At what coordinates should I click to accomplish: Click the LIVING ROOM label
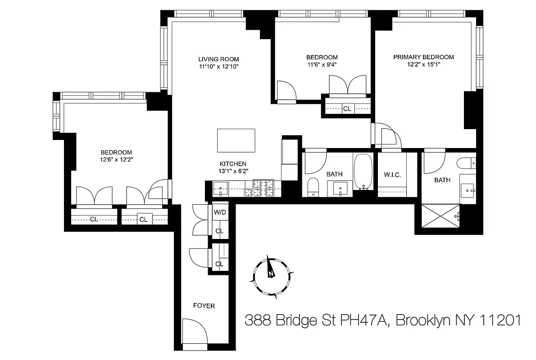point(218,59)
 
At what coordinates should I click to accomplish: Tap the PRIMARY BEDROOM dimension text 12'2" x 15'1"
point(423,64)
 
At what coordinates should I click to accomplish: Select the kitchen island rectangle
point(236,140)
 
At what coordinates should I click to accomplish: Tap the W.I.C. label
point(392,174)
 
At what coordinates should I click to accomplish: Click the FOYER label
point(204,306)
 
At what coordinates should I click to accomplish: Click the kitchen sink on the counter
point(220,188)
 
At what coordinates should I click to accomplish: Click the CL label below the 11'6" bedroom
point(347,108)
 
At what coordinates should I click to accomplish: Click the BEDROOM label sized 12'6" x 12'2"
point(116,152)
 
